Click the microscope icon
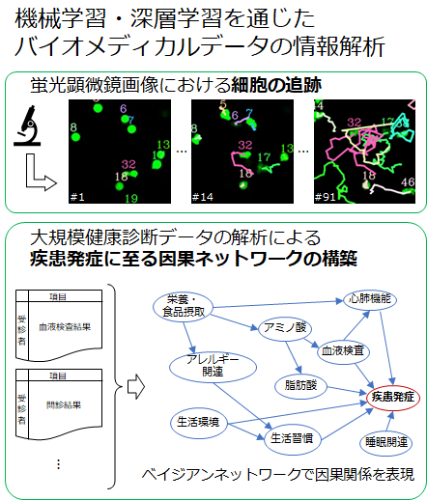click(x=27, y=125)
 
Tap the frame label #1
click(x=77, y=197)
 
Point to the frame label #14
click(x=202, y=197)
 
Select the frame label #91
click(x=326, y=197)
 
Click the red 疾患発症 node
click(x=393, y=398)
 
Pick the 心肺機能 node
click(x=370, y=299)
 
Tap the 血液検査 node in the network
click(x=343, y=350)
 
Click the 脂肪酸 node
click(x=300, y=385)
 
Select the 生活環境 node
click(x=198, y=422)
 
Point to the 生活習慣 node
click(x=292, y=439)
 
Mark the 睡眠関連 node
click(x=386, y=443)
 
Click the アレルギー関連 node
click(x=213, y=367)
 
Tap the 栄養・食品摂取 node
click(x=184, y=306)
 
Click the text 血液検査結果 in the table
click(x=65, y=327)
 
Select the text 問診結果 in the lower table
click(x=64, y=405)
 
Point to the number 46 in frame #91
click(x=408, y=182)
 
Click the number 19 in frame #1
click(x=131, y=198)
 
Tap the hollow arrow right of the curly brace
click(x=136, y=386)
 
